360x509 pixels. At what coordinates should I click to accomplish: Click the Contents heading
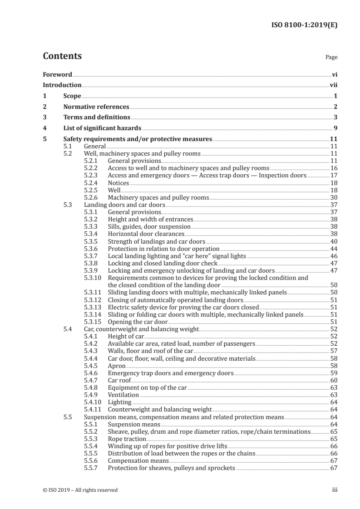(x=62, y=56)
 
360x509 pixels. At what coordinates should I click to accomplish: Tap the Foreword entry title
(x=57, y=74)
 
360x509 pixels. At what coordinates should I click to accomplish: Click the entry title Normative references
(x=96, y=107)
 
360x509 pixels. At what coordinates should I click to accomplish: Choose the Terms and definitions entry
(x=96, y=118)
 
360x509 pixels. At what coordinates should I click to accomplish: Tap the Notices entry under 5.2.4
(x=118, y=183)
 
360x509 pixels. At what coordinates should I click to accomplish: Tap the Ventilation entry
(x=123, y=395)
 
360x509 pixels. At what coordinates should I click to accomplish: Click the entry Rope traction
(x=127, y=439)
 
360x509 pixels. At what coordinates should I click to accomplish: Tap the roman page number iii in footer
(x=335, y=489)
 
